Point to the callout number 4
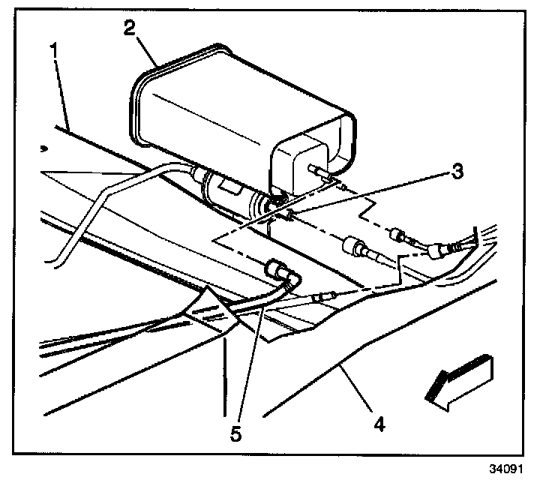click(x=379, y=424)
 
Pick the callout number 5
click(x=237, y=433)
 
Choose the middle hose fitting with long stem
click(x=356, y=247)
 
